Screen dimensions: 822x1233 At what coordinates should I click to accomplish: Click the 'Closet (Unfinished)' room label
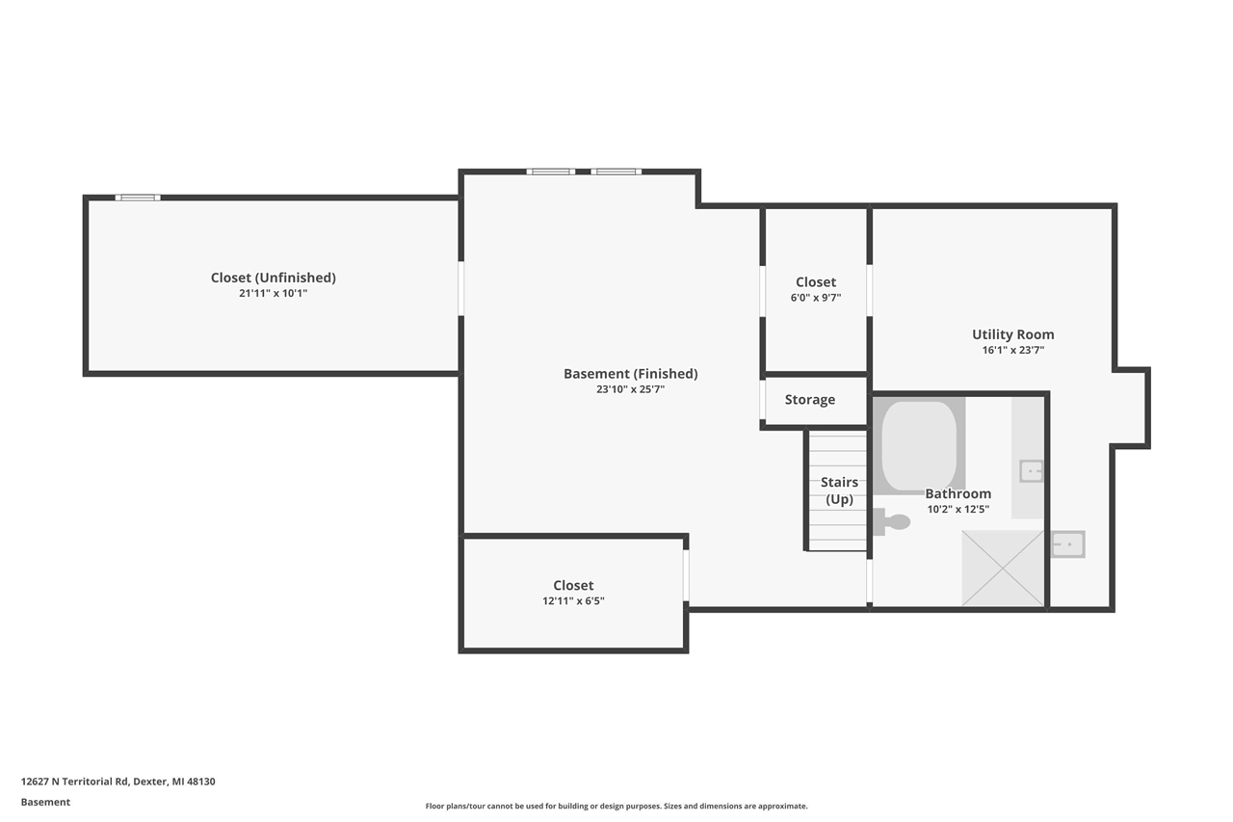click(x=273, y=278)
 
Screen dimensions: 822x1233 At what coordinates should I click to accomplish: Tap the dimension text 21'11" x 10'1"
click(x=273, y=293)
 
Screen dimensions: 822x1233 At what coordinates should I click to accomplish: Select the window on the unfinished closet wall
click(x=138, y=198)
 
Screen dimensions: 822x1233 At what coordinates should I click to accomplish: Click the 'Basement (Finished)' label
click(x=630, y=374)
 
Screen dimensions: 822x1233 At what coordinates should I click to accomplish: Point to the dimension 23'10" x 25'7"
click(x=630, y=389)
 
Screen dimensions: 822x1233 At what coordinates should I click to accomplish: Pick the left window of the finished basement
click(x=550, y=172)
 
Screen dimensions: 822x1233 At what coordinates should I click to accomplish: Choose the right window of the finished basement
click(x=616, y=172)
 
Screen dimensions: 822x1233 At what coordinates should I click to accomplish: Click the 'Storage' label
click(x=809, y=400)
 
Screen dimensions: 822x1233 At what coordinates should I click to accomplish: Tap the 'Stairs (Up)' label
click(x=839, y=491)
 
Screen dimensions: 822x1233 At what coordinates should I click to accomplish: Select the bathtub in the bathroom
click(x=919, y=444)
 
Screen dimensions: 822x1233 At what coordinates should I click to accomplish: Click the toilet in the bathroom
click(x=893, y=522)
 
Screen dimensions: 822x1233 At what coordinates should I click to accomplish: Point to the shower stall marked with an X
click(x=1003, y=568)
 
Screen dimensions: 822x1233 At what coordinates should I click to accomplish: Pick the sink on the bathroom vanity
click(x=1031, y=471)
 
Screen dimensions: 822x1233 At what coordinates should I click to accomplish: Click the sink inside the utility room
click(x=1067, y=544)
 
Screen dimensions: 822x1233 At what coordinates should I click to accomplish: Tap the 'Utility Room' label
click(x=1012, y=334)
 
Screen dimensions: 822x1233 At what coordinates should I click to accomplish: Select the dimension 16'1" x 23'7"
click(x=1012, y=350)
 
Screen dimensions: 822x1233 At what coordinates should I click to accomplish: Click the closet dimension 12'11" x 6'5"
click(x=573, y=600)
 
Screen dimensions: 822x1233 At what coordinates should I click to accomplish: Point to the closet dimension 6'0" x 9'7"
click(x=815, y=298)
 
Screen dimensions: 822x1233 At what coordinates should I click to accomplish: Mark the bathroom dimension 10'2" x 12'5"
click(x=958, y=509)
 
